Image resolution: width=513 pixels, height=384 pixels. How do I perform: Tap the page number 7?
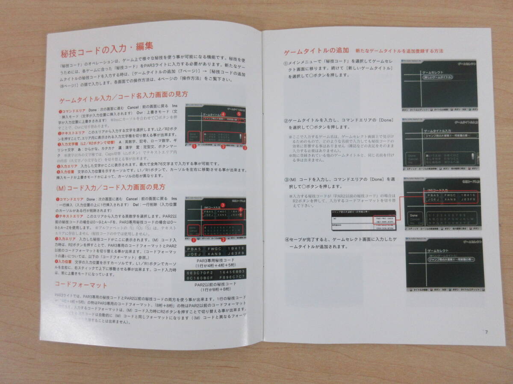pos(486,332)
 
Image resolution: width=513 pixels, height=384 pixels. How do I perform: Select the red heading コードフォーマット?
pos(81,285)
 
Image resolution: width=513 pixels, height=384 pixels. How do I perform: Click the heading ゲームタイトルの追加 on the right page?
pos(317,51)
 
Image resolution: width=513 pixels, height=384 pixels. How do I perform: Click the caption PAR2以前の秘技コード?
pos(215,285)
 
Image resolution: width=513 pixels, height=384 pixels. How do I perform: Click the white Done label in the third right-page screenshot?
pos(413,216)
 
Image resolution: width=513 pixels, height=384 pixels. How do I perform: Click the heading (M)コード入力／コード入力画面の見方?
pos(111,187)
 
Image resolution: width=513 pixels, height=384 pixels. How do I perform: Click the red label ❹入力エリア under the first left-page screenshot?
pos(69,164)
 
